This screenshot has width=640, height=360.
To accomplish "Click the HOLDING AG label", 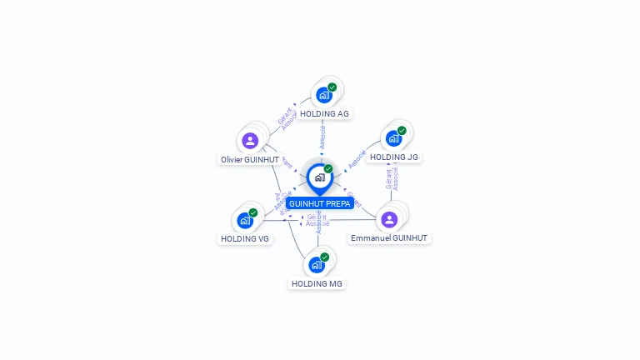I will tap(324, 113).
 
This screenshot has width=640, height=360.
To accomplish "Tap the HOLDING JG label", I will tap(393, 157).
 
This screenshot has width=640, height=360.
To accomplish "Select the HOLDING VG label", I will tap(245, 238).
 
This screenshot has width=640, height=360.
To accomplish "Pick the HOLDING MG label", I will tap(317, 283).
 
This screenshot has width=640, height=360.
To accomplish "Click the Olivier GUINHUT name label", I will tap(250, 159).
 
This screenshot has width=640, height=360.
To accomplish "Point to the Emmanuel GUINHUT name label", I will tap(389, 237).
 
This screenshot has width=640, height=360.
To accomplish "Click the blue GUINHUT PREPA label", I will tap(320, 203).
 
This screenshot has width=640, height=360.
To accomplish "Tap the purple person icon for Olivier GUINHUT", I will tap(250, 141).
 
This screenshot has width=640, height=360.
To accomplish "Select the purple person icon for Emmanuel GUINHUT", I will tap(389, 219).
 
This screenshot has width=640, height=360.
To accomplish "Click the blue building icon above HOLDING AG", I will tap(323, 95).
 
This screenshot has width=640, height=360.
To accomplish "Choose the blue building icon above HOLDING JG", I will tap(393, 138).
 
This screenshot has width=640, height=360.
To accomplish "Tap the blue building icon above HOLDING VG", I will tap(245, 220).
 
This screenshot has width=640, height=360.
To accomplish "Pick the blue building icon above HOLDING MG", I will tap(316, 265).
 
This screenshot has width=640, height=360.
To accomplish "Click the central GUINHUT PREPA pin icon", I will tap(319, 177).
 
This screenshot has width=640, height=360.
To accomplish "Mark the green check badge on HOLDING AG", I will tap(332, 87).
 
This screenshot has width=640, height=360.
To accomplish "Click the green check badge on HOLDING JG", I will tap(402, 131).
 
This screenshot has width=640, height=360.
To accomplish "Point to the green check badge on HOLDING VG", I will tap(253, 212).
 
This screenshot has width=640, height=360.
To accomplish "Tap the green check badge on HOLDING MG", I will tap(325, 257).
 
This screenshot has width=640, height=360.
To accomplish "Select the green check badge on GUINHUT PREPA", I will tap(328, 168).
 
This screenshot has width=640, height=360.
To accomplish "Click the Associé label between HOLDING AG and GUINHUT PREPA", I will tap(322, 135).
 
